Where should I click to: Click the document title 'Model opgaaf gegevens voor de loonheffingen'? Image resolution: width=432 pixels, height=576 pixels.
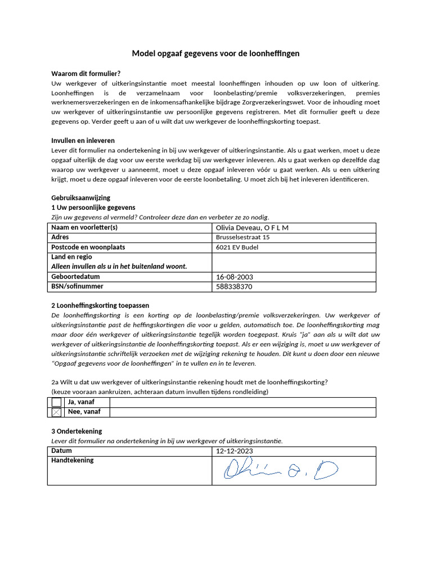pos(215,53)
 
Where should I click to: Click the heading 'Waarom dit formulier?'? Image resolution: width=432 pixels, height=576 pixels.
pos(85,74)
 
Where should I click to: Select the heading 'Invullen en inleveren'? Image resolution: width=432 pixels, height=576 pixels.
pos(83,141)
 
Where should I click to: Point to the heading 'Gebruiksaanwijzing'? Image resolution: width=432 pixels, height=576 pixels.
pos(80,198)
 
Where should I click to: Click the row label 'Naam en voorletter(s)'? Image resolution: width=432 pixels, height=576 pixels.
pos(84,228)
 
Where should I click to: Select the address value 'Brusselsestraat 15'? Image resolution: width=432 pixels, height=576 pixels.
pos(242,237)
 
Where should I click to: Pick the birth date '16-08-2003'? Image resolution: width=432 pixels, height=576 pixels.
pos(235,277)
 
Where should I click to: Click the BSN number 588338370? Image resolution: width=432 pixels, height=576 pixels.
pos(234,287)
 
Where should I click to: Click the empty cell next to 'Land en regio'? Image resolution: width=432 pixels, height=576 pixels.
pos(293,262)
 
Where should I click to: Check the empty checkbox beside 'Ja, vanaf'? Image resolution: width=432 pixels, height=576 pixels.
pos(56,402)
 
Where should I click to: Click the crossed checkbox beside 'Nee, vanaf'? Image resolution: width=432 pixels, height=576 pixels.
pos(56,412)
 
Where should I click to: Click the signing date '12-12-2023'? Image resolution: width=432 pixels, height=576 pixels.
pos(235,452)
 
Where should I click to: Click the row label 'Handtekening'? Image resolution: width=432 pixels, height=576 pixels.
pos(73,461)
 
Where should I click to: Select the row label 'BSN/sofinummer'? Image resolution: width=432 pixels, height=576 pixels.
pos(77,287)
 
